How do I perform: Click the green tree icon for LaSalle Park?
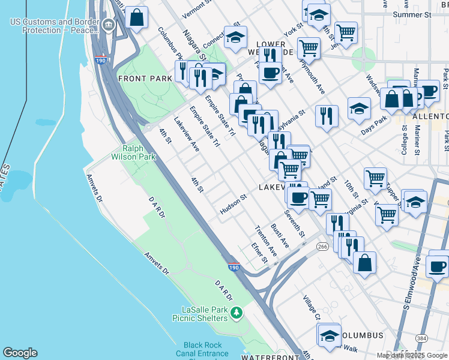tap(237, 312)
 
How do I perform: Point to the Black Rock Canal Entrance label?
tap(202, 349)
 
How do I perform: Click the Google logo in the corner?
tap(20, 353)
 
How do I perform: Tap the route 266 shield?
tap(322, 246)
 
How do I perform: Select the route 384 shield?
tap(422, 339)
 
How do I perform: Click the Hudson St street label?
tap(234, 204)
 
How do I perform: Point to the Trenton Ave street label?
tap(266, 241)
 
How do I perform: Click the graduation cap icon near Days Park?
tap(358, 108)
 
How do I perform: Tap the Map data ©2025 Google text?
tap(412, 355)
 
